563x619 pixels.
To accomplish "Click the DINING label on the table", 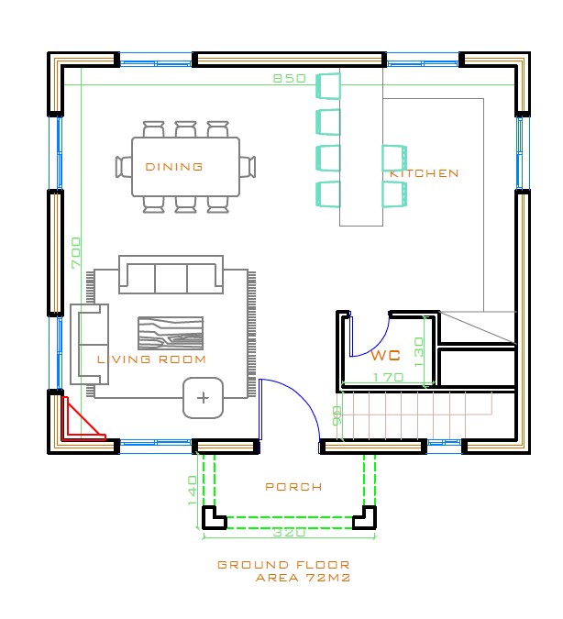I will click(174, 167).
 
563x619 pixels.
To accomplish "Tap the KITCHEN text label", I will click(424, 173).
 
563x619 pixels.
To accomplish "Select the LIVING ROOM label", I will click(151, 359).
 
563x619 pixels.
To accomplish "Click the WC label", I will click(386, 355).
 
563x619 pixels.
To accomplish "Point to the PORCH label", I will click(293, 487).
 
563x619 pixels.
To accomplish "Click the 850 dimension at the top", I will click(290, 79).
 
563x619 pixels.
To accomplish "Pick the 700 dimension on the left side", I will click(76, 252).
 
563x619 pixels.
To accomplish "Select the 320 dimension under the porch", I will click(290, 532).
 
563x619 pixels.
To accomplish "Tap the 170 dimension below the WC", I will click(389, 377).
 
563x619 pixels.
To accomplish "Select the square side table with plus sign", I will click(203, 398).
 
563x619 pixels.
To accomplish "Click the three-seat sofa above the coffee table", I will click(171, 277).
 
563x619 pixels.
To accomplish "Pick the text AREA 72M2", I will click(303, 579).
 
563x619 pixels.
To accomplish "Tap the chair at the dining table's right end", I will click(248, 167).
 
